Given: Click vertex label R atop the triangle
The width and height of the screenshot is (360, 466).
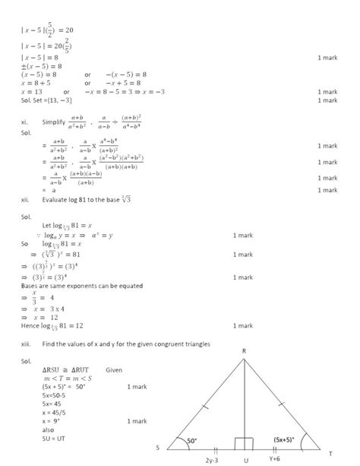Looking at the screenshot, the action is [244, 350].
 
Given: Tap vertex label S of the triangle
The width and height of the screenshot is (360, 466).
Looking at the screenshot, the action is [157, 448].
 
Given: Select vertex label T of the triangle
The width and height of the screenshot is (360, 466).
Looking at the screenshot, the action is [330, 453].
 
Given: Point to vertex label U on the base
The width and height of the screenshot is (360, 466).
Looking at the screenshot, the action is [245, 460].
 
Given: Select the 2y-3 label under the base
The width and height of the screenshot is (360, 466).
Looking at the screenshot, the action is [212, 460].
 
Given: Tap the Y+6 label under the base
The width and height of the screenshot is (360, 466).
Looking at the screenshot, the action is [276, 459].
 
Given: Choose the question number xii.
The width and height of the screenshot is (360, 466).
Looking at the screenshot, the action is [25, 199].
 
